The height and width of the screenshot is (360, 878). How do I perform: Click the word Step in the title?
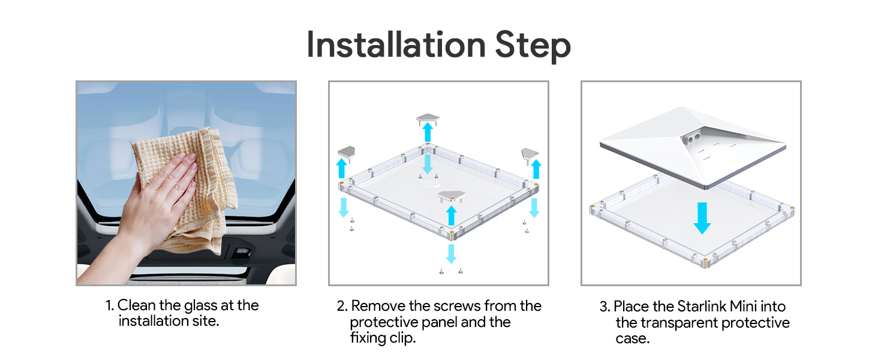pos(533,47)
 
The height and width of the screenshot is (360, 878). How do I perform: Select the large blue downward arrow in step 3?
pos(702,218)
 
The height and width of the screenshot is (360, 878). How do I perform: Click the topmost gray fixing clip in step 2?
pos(428,119)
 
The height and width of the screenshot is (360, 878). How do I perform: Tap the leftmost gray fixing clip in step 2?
pos(347,154)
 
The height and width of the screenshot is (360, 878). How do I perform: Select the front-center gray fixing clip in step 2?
pos(452,196)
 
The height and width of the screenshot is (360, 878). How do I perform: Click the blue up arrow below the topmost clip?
pos(428,132)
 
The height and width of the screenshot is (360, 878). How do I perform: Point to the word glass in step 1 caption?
pos(200,306)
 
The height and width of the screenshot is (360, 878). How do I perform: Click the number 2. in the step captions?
pos(342,306)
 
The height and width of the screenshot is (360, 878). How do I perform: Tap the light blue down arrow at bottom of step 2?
pos(451,254)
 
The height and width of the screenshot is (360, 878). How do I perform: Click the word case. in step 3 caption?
pos(632,339)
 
